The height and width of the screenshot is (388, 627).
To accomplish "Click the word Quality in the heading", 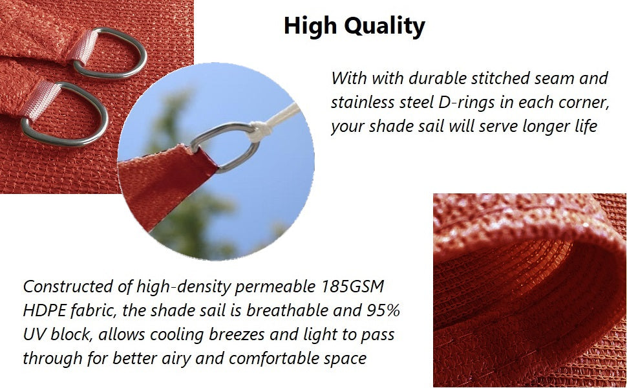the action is pyautogui.click(x=385, y=27).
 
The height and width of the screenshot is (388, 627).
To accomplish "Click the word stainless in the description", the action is pyautogui.click(x=362, y=102).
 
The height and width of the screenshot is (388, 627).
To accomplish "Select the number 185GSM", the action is pyautogui.click(x=352, y=286).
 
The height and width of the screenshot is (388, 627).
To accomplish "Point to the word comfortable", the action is pyautogui.click(x=279, y=358).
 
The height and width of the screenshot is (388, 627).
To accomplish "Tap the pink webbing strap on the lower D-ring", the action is pyautogui.click(x=40, y=100).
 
